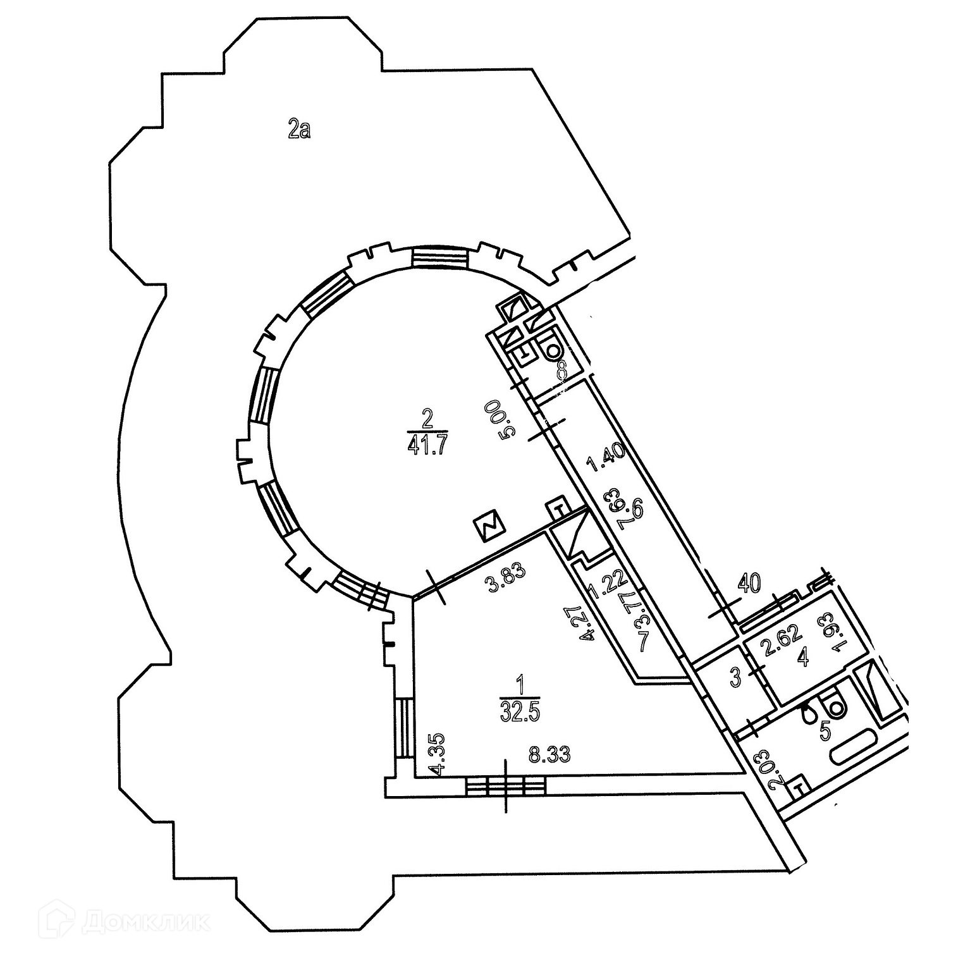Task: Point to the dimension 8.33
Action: point(550,754)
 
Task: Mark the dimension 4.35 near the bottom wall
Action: point(435,754)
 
